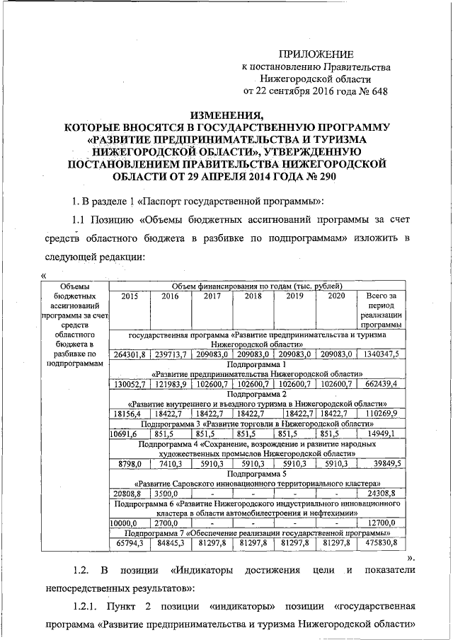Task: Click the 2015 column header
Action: pos(130,296)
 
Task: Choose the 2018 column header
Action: pos(253,296)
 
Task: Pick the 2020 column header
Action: pos(336,296)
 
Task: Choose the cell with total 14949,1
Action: pos(382,434)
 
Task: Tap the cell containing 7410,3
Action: pos(171,462)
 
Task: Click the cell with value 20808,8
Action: pos(128,492)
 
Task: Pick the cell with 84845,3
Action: pos(171,542)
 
